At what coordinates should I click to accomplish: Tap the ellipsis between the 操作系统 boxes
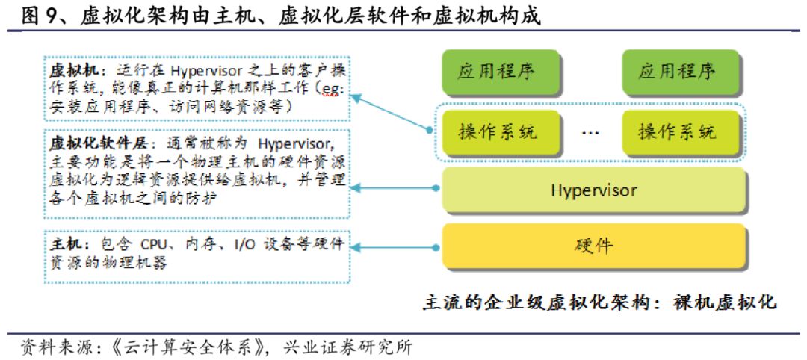click(x=590, y=133)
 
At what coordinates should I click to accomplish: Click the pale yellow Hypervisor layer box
click(x=594, y=190)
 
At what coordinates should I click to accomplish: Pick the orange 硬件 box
click(x=594, y=245)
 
